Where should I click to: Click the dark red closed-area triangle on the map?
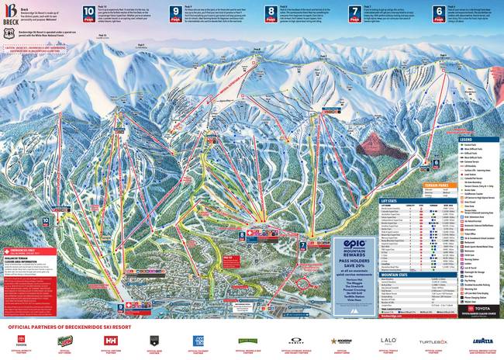click(x=379, y=144)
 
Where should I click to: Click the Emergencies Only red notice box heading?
click(x=27, y=249)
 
